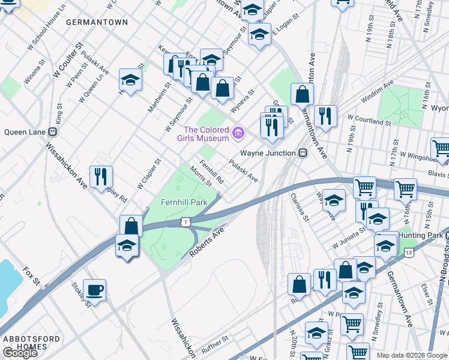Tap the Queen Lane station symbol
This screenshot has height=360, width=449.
point(53,132)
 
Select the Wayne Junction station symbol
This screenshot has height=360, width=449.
point(304,153)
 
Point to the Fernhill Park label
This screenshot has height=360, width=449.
point(184,202)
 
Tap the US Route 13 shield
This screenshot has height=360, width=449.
point(409,253)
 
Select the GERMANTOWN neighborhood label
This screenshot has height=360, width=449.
point(97,22)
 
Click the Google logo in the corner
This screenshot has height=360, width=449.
point(19,353)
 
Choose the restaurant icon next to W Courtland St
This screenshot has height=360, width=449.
point(325,116)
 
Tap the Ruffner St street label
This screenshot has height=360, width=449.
point(215,342)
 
